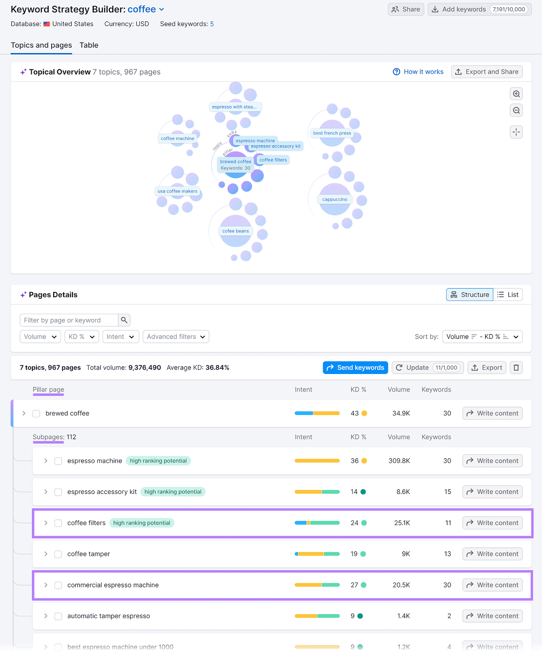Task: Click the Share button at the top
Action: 406,9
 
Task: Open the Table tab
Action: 89,45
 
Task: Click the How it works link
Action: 418,72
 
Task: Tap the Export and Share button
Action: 487,72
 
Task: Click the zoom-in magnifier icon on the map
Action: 516,94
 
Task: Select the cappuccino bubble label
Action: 334,199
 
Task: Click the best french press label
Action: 332,133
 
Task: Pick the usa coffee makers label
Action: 177,191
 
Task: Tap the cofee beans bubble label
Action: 235,231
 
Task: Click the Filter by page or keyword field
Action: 69,320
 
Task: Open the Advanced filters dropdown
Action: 176,337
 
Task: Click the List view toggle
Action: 508,295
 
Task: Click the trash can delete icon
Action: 516,368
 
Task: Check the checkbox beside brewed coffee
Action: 36,414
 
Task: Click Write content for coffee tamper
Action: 492,554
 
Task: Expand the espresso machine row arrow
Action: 46,461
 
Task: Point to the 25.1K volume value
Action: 402,523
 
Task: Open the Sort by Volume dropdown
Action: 482,337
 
